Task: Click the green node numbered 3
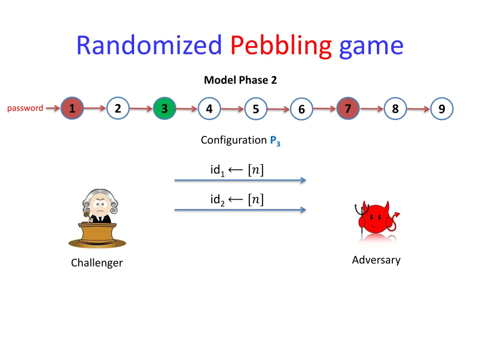tap(165, 109)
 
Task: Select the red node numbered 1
tap(72, 109)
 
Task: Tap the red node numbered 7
tap(348, 109)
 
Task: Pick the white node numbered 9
tap(442, 109)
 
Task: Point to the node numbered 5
tap(255, 109)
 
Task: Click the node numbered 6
tap(301, 110)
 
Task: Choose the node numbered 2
tap(118, 109)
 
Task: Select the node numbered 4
tap(209, 109)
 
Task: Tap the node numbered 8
tap(395, 109)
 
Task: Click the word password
tap(25, 108)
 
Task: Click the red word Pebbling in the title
tap(281, 46)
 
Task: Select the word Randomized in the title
tap(149, 46)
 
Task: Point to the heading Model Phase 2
tap(240, 80)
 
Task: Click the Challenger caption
tap(97, 263)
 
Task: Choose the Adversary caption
tap(376, 260)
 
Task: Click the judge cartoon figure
tap(97, 218)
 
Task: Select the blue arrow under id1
tap(240, 180)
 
